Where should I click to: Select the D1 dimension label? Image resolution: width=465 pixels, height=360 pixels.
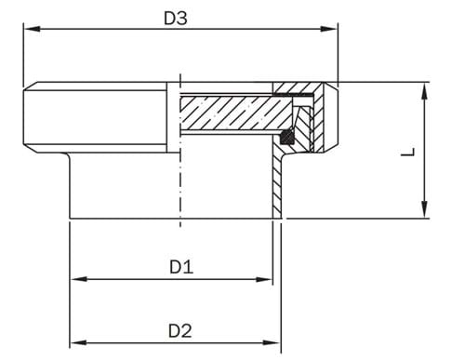click(180, 267)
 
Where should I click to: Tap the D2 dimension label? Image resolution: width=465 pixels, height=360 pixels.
click(180, 330)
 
